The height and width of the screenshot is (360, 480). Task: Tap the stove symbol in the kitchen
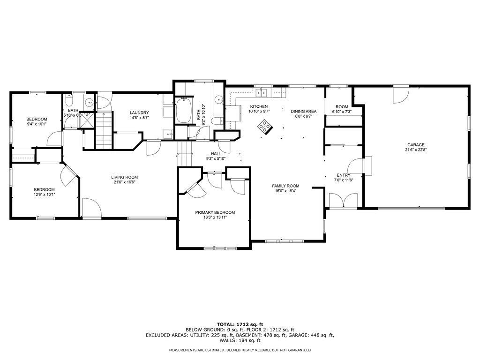click(265, 127)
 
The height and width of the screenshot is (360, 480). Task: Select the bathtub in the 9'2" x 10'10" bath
click(184, 111)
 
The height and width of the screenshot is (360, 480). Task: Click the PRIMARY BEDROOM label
click(215, 212)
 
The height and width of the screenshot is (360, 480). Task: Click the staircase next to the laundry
click(105, 130)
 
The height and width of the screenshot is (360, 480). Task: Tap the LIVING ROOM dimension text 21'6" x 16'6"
click(124, 183)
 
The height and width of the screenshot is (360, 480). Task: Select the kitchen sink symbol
click(264, 92)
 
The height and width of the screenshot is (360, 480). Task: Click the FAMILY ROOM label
click(285, 186)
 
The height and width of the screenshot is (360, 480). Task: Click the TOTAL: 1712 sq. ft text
click(240, 324)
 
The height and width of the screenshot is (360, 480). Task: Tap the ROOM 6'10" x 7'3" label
click(342, 107)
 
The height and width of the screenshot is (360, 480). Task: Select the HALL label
click(216, 153)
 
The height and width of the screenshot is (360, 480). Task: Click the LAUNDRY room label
click(139, 112)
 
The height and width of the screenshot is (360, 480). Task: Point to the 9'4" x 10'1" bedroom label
click(37, 119)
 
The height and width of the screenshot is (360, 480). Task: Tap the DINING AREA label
click(304, 112)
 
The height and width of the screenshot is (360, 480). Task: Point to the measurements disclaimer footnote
click(240, 350)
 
